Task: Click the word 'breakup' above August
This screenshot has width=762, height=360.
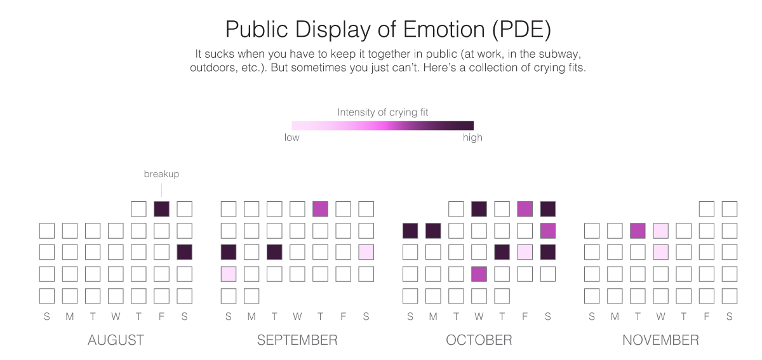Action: (x=161, y=174)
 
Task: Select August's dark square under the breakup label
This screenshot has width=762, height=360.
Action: (x=161, y=209)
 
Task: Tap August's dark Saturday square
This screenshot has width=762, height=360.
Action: (x=184, y=252)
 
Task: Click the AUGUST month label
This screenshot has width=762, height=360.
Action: (x=116, y=340)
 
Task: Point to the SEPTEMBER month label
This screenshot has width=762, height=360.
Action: (x=297, y=340)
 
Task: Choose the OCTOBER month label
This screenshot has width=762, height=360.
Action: (x=479, y=340)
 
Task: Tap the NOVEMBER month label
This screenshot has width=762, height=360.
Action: (x=660, y=340)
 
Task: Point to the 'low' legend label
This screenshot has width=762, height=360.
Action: (x=292, y=138)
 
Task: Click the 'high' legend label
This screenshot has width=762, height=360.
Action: (x=472, y=138)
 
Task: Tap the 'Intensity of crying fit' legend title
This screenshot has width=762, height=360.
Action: (x=383, y=112)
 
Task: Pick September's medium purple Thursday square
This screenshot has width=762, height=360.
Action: (x=320, y=209)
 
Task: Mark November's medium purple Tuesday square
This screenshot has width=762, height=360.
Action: (x=638, y=230)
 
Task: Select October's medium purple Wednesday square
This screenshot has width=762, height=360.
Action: (x=479, y=274)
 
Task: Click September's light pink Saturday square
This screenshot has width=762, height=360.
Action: (x=366, y=252)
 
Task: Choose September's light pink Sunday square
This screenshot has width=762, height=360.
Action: (x=229, y=274)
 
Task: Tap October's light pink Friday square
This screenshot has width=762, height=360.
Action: (x=525, y=252)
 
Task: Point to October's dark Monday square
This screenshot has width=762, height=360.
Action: (x=433, y=230)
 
